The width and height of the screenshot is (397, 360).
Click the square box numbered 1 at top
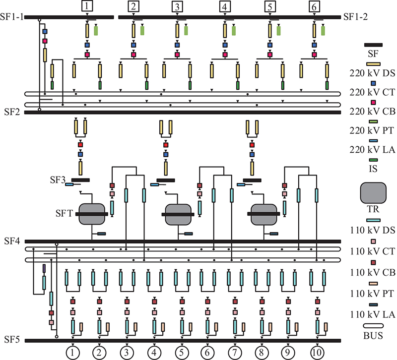tap(87, 6)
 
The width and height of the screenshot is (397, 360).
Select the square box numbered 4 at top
tap(225, 6)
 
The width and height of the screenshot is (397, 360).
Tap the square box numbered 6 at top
tap(314, 6)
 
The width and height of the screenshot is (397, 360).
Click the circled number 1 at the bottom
tap(72, 353)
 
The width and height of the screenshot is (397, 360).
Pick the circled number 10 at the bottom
tap(317, 353)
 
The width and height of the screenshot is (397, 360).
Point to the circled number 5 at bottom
tap(182, 353)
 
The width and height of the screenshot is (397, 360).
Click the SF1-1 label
tap(11, 17)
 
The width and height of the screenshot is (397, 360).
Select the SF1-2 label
tap(355, 17)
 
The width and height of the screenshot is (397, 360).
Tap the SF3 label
tap(58, 180)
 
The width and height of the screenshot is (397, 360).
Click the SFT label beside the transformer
tap(64, 214)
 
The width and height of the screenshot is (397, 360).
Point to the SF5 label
tap(12, 339)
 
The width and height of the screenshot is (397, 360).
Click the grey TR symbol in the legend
tap(373, 193)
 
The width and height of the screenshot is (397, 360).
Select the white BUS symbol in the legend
tap(373, 326)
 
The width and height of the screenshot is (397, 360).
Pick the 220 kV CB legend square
tap(373, 103)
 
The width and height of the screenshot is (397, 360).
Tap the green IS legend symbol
tap(373, 160)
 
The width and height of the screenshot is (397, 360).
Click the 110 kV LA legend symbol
tap(373, 305)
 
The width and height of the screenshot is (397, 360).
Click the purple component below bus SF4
tap(44, 268)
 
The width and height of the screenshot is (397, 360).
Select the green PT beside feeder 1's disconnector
tap(96, 31)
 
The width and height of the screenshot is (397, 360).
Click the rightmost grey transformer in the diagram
tap(264, 215)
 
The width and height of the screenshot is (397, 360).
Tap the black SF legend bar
tap(374, 45)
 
